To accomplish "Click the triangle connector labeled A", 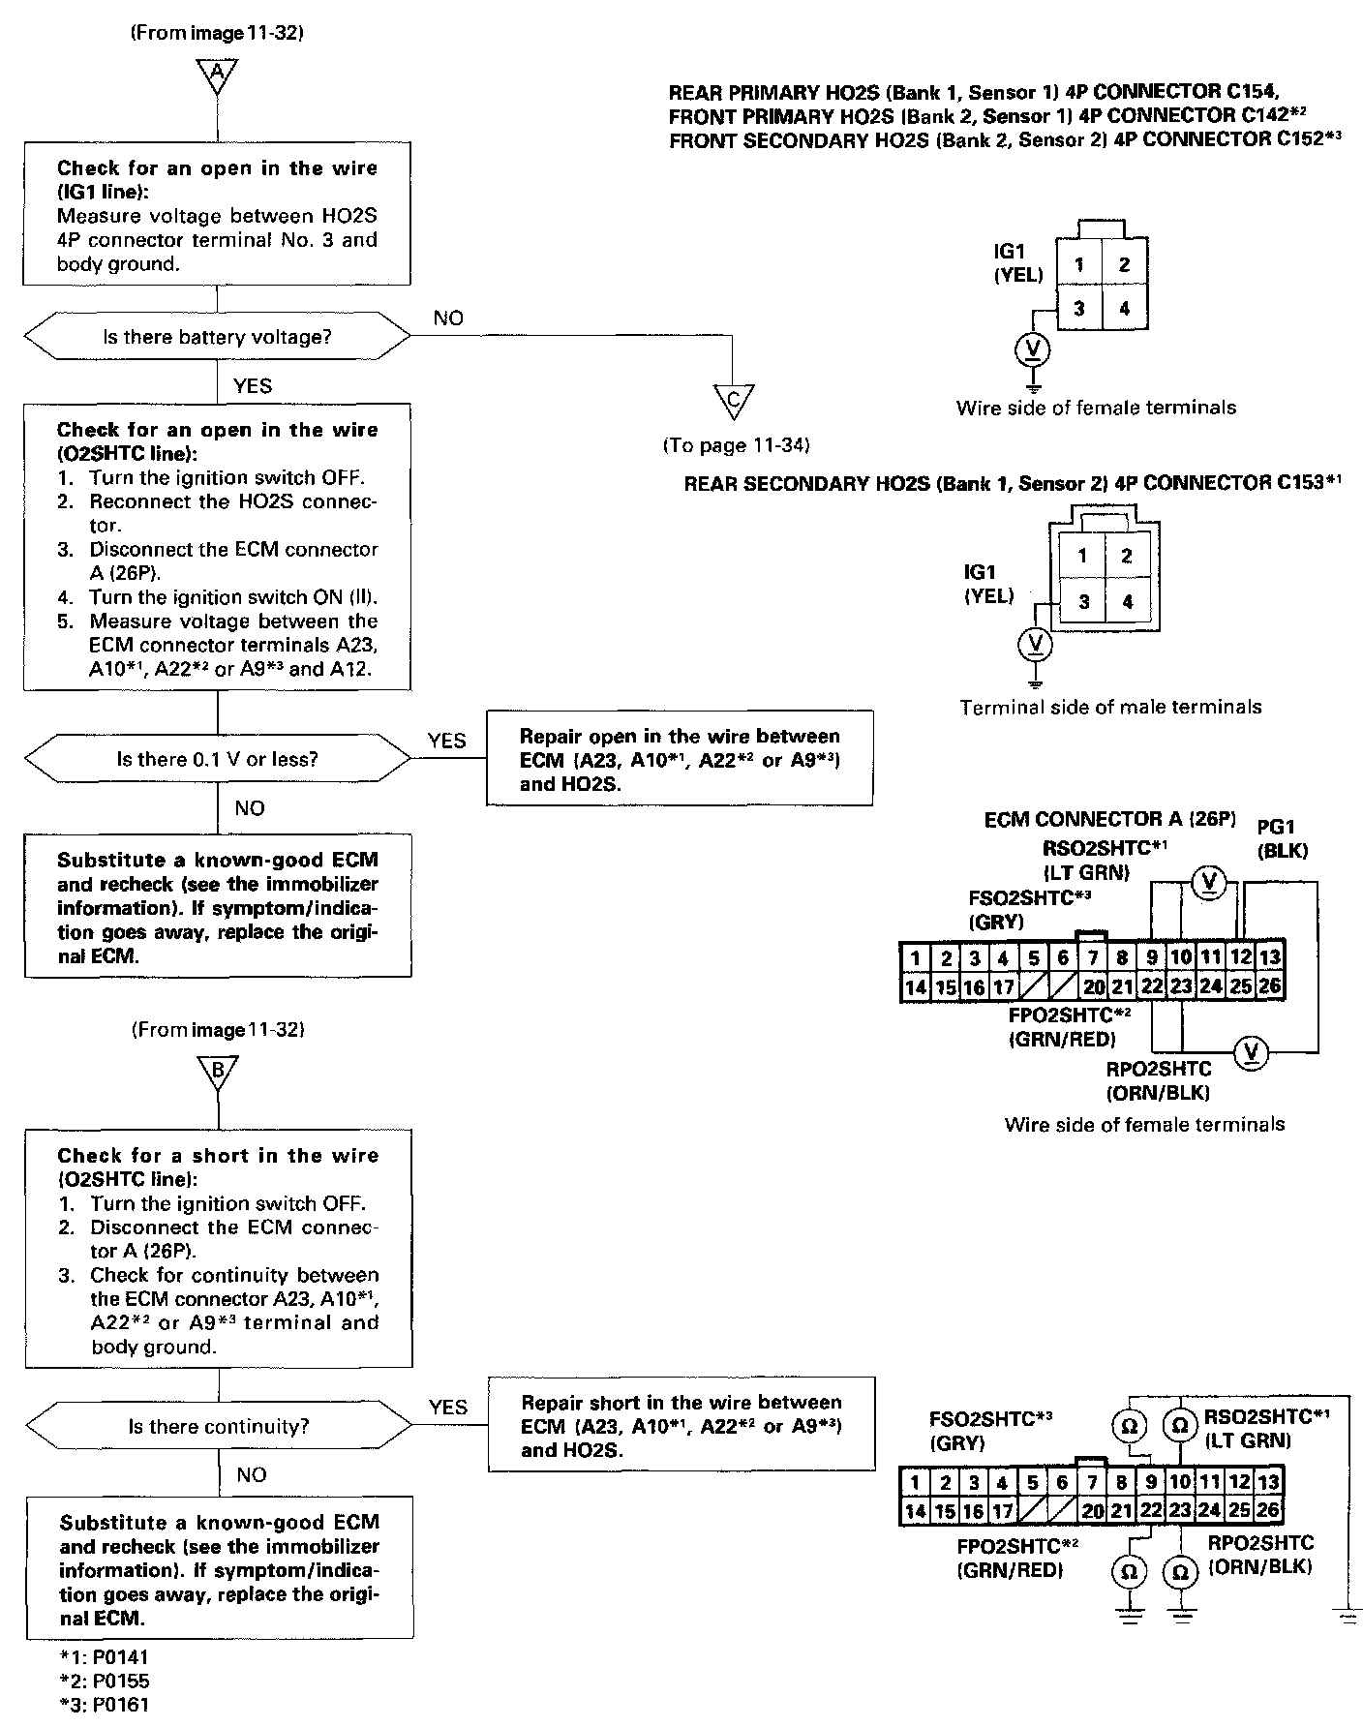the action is coord(217,74).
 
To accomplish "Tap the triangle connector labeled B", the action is coord(218,1072).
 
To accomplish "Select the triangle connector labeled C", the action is coord(733,400).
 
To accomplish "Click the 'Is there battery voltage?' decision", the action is coord(217,337).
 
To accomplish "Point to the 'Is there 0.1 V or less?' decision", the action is coord(218,759).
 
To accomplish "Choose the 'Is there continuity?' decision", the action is coord(219,1426).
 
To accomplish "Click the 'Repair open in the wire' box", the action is coord(680,758).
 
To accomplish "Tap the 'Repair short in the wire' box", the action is coord(681,1425).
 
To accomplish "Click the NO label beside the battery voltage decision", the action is coord(448,318).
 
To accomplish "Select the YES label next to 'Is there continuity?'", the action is coord(447,1408).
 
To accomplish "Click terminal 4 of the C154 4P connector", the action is coord(1124,309).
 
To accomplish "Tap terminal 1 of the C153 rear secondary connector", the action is coord(1082,556).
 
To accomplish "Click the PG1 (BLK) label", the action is coord(1281,839).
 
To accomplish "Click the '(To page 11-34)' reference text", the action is coord(737,445).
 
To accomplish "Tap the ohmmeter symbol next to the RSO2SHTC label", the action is coord(1179,1426).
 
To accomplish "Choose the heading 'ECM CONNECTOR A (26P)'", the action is coord(1110,820).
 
